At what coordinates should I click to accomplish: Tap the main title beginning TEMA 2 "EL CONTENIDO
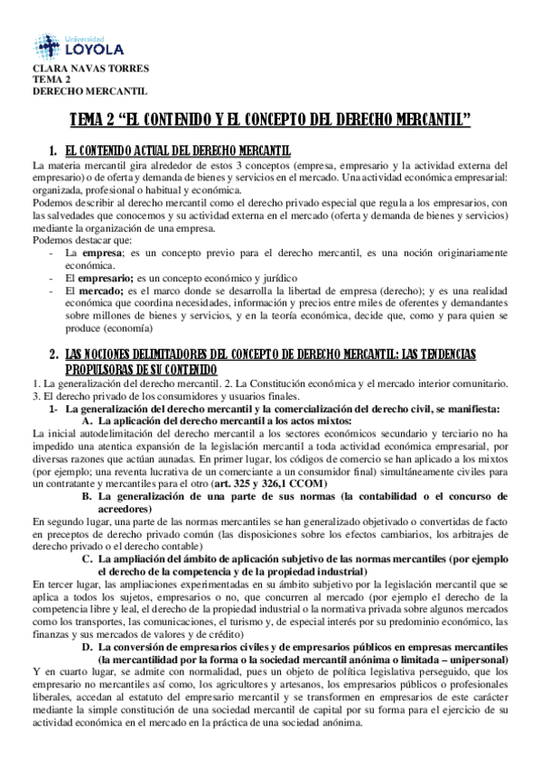coord(270,120)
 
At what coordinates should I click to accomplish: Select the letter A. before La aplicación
coord(88,420)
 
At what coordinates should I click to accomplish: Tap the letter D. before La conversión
coord(88,647)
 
